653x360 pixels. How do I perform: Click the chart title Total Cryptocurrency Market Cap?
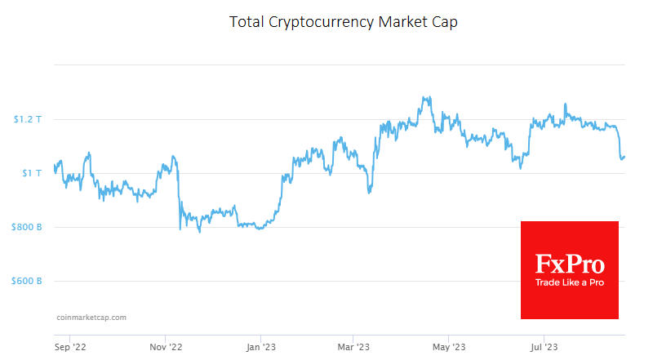click(343, 22)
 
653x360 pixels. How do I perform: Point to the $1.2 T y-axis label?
click(28, 119)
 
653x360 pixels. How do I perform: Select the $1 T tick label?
click(32, 173)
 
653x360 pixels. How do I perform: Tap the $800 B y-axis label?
click(27, 227)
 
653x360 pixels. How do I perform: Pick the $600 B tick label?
click(27, 281)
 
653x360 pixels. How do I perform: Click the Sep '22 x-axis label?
click(71, 345)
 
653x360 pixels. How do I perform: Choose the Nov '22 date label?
click(167, 345)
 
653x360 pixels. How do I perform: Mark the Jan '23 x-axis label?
click(261, 345)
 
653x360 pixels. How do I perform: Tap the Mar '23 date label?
click(353, 345)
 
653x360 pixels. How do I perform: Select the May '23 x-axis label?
click(448, 345)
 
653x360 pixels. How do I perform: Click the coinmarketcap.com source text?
click(91, 317)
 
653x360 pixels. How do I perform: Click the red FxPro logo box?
click(569, 269)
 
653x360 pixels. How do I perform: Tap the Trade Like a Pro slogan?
click(569, 283)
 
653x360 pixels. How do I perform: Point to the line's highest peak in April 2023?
click(425, 97)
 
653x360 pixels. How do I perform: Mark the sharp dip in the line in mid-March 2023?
click(369, 193)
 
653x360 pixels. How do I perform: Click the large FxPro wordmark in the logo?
click(569, 264)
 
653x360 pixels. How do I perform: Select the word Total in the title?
click(247, 22)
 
